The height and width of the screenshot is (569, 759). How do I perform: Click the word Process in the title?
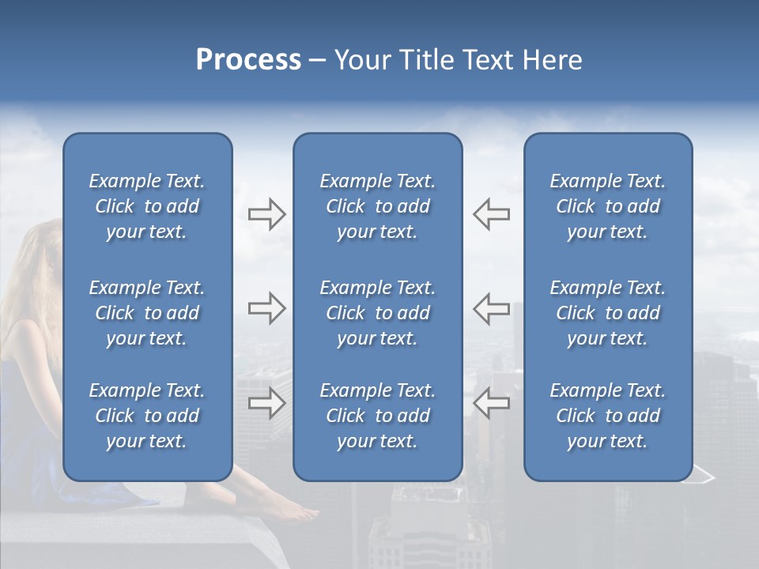coord(248,61)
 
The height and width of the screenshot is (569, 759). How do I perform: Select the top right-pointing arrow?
coord(266,214)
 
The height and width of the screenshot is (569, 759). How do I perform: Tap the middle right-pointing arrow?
coord(266,308)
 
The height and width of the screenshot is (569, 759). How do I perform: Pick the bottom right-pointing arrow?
coord(266,403)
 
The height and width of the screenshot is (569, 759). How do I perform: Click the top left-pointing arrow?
coord(491,214)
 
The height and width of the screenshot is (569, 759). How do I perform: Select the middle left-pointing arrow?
coord(491,308)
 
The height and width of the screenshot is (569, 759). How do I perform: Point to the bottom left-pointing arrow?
coord(491,403)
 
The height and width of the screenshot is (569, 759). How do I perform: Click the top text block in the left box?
coord(147,206)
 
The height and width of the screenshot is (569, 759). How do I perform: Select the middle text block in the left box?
coord(147,313)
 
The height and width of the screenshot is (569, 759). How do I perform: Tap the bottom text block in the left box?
coord(147,416)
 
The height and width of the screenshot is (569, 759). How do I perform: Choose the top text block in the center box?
coord(377,206)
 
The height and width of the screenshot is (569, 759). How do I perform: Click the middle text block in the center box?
coord(377,313)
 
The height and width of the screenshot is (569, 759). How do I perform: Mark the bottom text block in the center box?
coord(377,416)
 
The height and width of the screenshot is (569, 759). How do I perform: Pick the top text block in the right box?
coord(607,206)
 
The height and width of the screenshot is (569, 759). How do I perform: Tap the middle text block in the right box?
coord(607,313)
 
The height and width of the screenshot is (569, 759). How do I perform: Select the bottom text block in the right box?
coord(607,416)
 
